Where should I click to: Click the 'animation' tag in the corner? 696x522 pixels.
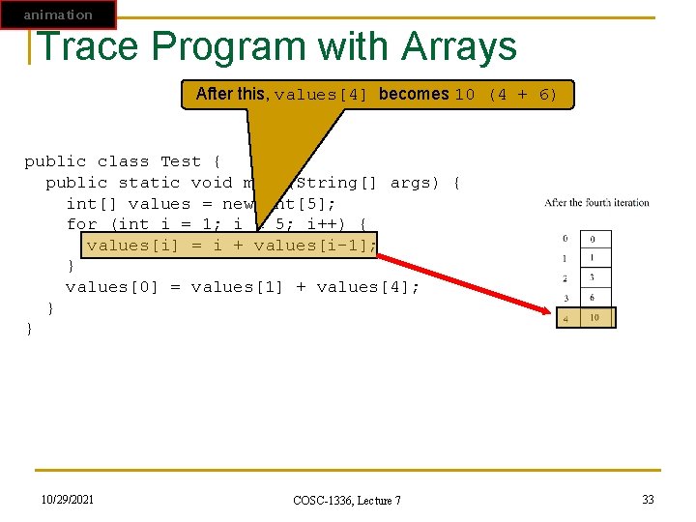pos(58,14)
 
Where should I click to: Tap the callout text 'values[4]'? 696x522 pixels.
pos(322,95)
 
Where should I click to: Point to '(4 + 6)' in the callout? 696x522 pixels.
pos(523,95)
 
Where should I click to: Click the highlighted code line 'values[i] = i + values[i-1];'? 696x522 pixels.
pos(230,246)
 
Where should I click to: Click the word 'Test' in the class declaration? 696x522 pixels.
pos(181,161)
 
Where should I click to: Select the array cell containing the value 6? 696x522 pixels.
pos(596,299)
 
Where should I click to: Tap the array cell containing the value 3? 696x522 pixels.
pos(596,278)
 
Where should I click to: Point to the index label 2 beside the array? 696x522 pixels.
pos(565,278)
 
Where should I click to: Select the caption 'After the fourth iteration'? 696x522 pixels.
pos(596,203)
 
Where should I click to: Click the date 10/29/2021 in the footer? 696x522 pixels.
pos(68,498)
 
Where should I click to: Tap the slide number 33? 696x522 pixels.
pos(648,499)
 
